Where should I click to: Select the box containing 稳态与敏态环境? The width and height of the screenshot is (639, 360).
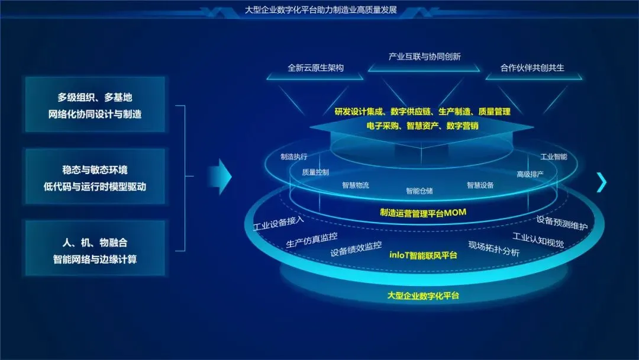click(95, 177)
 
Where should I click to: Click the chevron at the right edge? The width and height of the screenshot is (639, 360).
click(602, 182)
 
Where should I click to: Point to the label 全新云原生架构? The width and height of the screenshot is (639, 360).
click(315, 67)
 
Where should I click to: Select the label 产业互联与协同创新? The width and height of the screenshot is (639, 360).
click(424, 57)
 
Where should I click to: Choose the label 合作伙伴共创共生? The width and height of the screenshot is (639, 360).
click(532, 67)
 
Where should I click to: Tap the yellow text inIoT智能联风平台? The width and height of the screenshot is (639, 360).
click(423, 255)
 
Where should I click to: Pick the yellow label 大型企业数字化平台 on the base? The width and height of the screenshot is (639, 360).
click(423, 295)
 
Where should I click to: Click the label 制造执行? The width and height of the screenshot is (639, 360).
click(294, 157)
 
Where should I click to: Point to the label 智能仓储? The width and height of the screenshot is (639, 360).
click(419, 191)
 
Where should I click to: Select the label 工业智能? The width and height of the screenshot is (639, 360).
click(554, 157)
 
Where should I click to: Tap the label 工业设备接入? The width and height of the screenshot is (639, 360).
click(278, 224)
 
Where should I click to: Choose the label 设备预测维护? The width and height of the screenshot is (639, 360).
click(562, 223)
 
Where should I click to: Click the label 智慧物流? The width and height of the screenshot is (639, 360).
click(355, 185)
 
